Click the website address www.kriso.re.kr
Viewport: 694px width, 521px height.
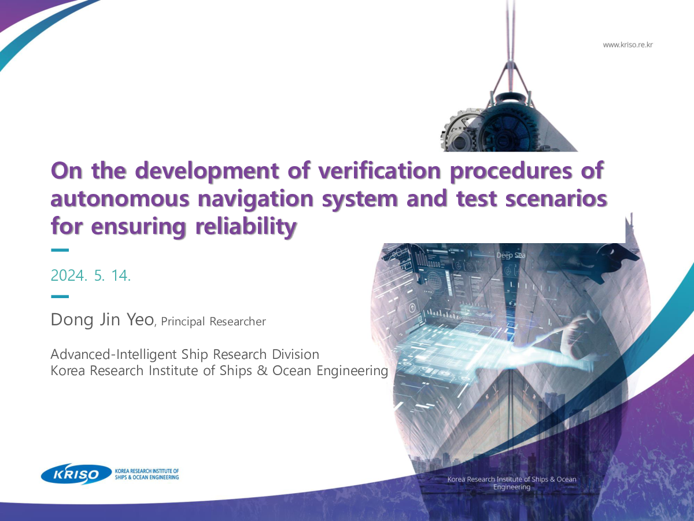[627, 45]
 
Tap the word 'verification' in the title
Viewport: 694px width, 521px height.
[379, 171]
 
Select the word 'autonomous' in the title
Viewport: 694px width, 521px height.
[120, 199]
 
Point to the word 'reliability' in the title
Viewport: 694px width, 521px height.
[246, 227]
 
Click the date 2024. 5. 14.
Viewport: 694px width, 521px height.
[91, 275]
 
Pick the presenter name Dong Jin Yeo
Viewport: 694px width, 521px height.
[102, 319]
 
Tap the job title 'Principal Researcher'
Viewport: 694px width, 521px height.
[213, 321]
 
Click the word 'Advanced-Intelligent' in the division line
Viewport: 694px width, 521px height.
[114, 355]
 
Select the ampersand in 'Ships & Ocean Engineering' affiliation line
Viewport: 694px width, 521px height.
[262, 370]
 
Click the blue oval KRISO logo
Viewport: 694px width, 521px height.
[76, 474]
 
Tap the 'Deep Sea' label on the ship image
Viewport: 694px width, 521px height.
[511, 255]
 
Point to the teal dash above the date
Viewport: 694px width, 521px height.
[60, 250]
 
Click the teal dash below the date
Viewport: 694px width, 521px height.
[60, 296]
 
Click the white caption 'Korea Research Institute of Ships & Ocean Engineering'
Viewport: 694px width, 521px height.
[512, 483]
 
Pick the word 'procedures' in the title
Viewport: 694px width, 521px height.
[511, 171]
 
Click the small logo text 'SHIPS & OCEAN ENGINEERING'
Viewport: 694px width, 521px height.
[147, 478]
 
